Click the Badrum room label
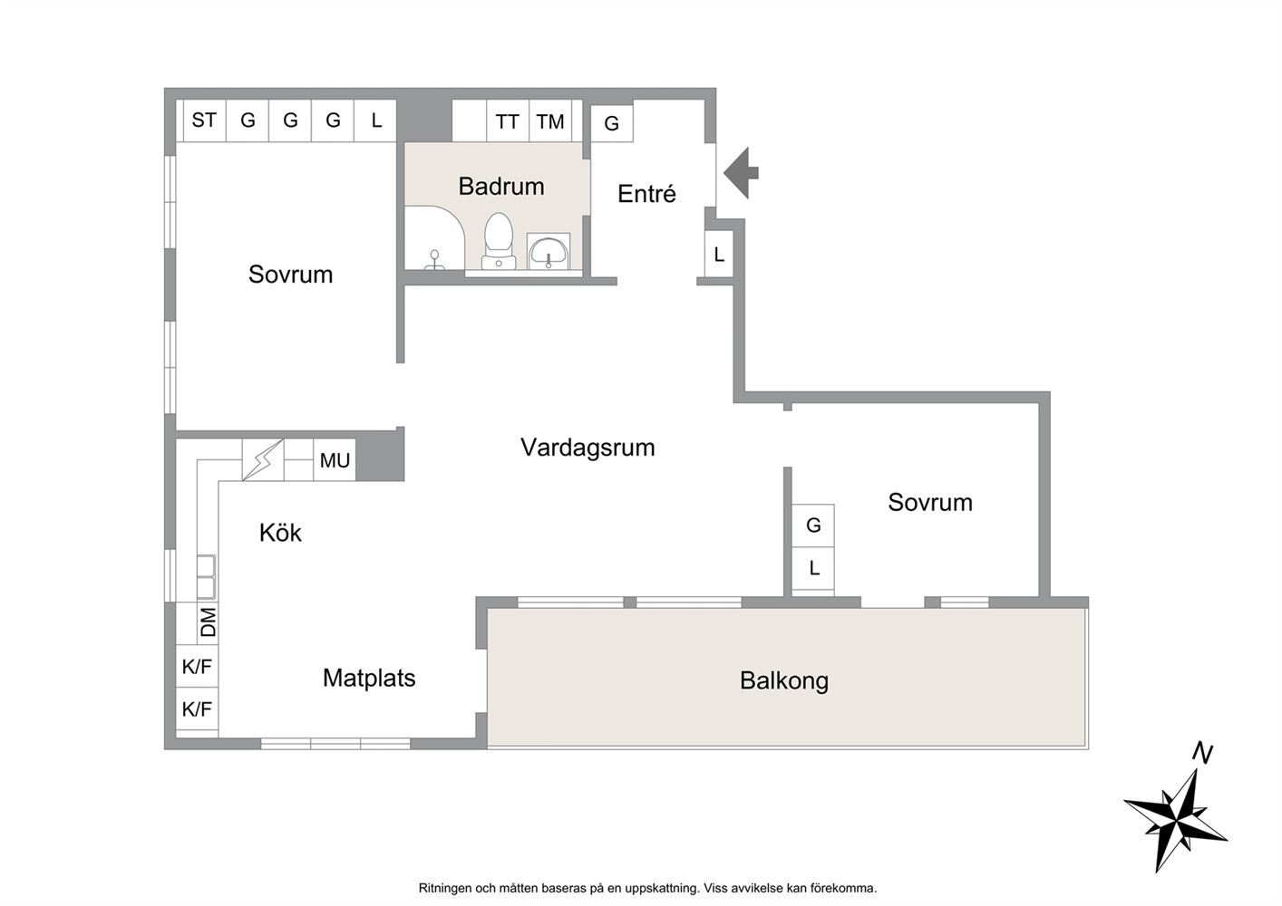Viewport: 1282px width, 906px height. click(500, 187)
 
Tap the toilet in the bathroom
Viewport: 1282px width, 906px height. click(499, 241)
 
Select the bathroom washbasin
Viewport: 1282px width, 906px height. click(549, 251)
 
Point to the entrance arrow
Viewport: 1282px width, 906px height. click(741, 173)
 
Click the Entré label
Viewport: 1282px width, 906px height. click(646, 194)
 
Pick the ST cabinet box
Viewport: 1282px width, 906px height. click(204, 120)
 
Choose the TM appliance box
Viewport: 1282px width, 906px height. click(550, 120)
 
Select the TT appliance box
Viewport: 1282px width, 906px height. click(508, 120)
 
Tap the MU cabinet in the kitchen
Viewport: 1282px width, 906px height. click(335, 460)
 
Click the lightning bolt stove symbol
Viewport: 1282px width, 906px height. click(263, 460)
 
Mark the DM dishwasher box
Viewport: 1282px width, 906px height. click(208, 623)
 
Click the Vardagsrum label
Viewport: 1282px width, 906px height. click(588, 448)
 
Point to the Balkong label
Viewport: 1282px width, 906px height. click(784, 680)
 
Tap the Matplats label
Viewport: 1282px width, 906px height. click(369, 678)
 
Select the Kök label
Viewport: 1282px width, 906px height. click(280, 533)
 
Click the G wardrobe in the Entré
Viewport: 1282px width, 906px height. click(612, 123)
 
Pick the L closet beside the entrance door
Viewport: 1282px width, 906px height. click(719, 254)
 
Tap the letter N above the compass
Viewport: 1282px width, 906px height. click(1203, 753)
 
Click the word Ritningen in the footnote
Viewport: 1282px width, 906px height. click(444, 888)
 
